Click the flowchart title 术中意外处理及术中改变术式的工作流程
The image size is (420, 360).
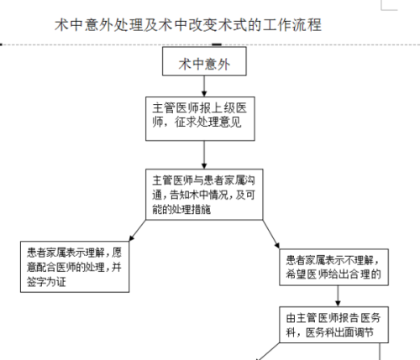tap(188, 24)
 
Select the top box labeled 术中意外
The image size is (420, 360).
tap(204, 61)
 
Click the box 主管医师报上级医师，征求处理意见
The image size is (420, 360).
tap(200, 118)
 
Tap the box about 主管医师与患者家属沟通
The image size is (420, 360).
tap(204, 195)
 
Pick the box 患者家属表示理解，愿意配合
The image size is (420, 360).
tap(75, 267)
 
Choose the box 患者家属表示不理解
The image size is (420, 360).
tap(333, 267)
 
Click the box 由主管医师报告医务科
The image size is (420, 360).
tap(333, 325)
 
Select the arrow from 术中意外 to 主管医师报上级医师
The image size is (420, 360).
tap(204, 86)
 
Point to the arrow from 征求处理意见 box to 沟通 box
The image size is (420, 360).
tap(204, 154)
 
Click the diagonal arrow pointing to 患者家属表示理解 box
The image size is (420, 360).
tap(138, 231)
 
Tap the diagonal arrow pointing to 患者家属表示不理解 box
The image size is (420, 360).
tap(271, 234)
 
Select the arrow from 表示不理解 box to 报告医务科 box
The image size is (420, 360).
tap(338, 296)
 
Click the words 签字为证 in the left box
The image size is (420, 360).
tap(46, 282)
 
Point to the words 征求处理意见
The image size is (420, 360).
tap(207, 123)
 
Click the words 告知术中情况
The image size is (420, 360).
tap(199, 195)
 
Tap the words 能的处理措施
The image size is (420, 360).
tap(181, 209)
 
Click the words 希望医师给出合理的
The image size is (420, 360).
tap(333, 274)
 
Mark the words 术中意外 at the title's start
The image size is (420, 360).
tap(83, 24)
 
